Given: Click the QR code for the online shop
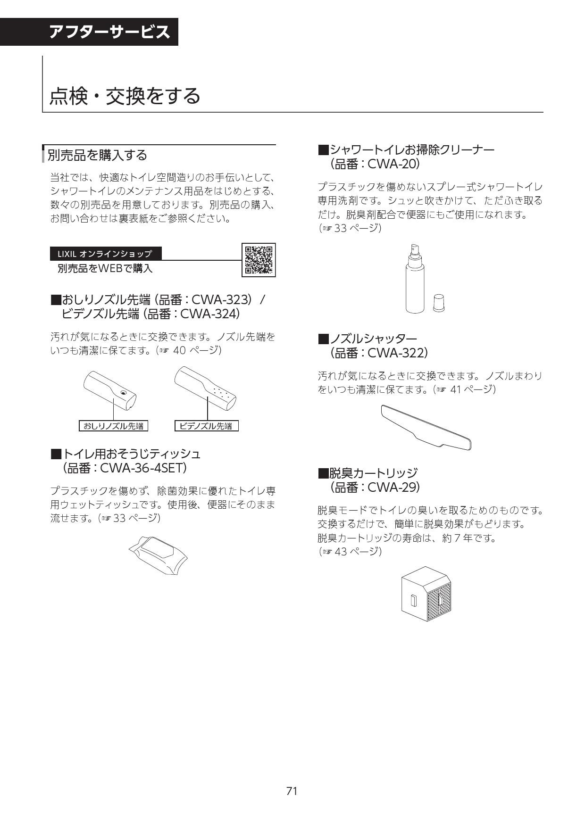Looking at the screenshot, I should (x=259, y=260).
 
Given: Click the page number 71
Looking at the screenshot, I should (x=292, y=791).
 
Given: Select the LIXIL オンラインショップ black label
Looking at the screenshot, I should (x=106, y=254).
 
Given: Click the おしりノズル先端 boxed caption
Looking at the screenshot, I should (x=113, y=426).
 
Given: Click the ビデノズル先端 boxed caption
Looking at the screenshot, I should (x=206, y=426).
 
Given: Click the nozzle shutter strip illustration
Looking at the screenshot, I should (x=426, y=427).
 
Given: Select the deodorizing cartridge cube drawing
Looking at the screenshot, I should (x=426, y=594).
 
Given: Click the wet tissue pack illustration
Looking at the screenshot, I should (x=158, y=554).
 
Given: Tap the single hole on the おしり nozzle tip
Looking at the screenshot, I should (x=123, y=392).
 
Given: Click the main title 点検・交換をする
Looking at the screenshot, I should (x=125, y=96).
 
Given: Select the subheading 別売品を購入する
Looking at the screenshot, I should (x=97, y=155).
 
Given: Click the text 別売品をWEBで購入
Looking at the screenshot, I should (x=105, y=269).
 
